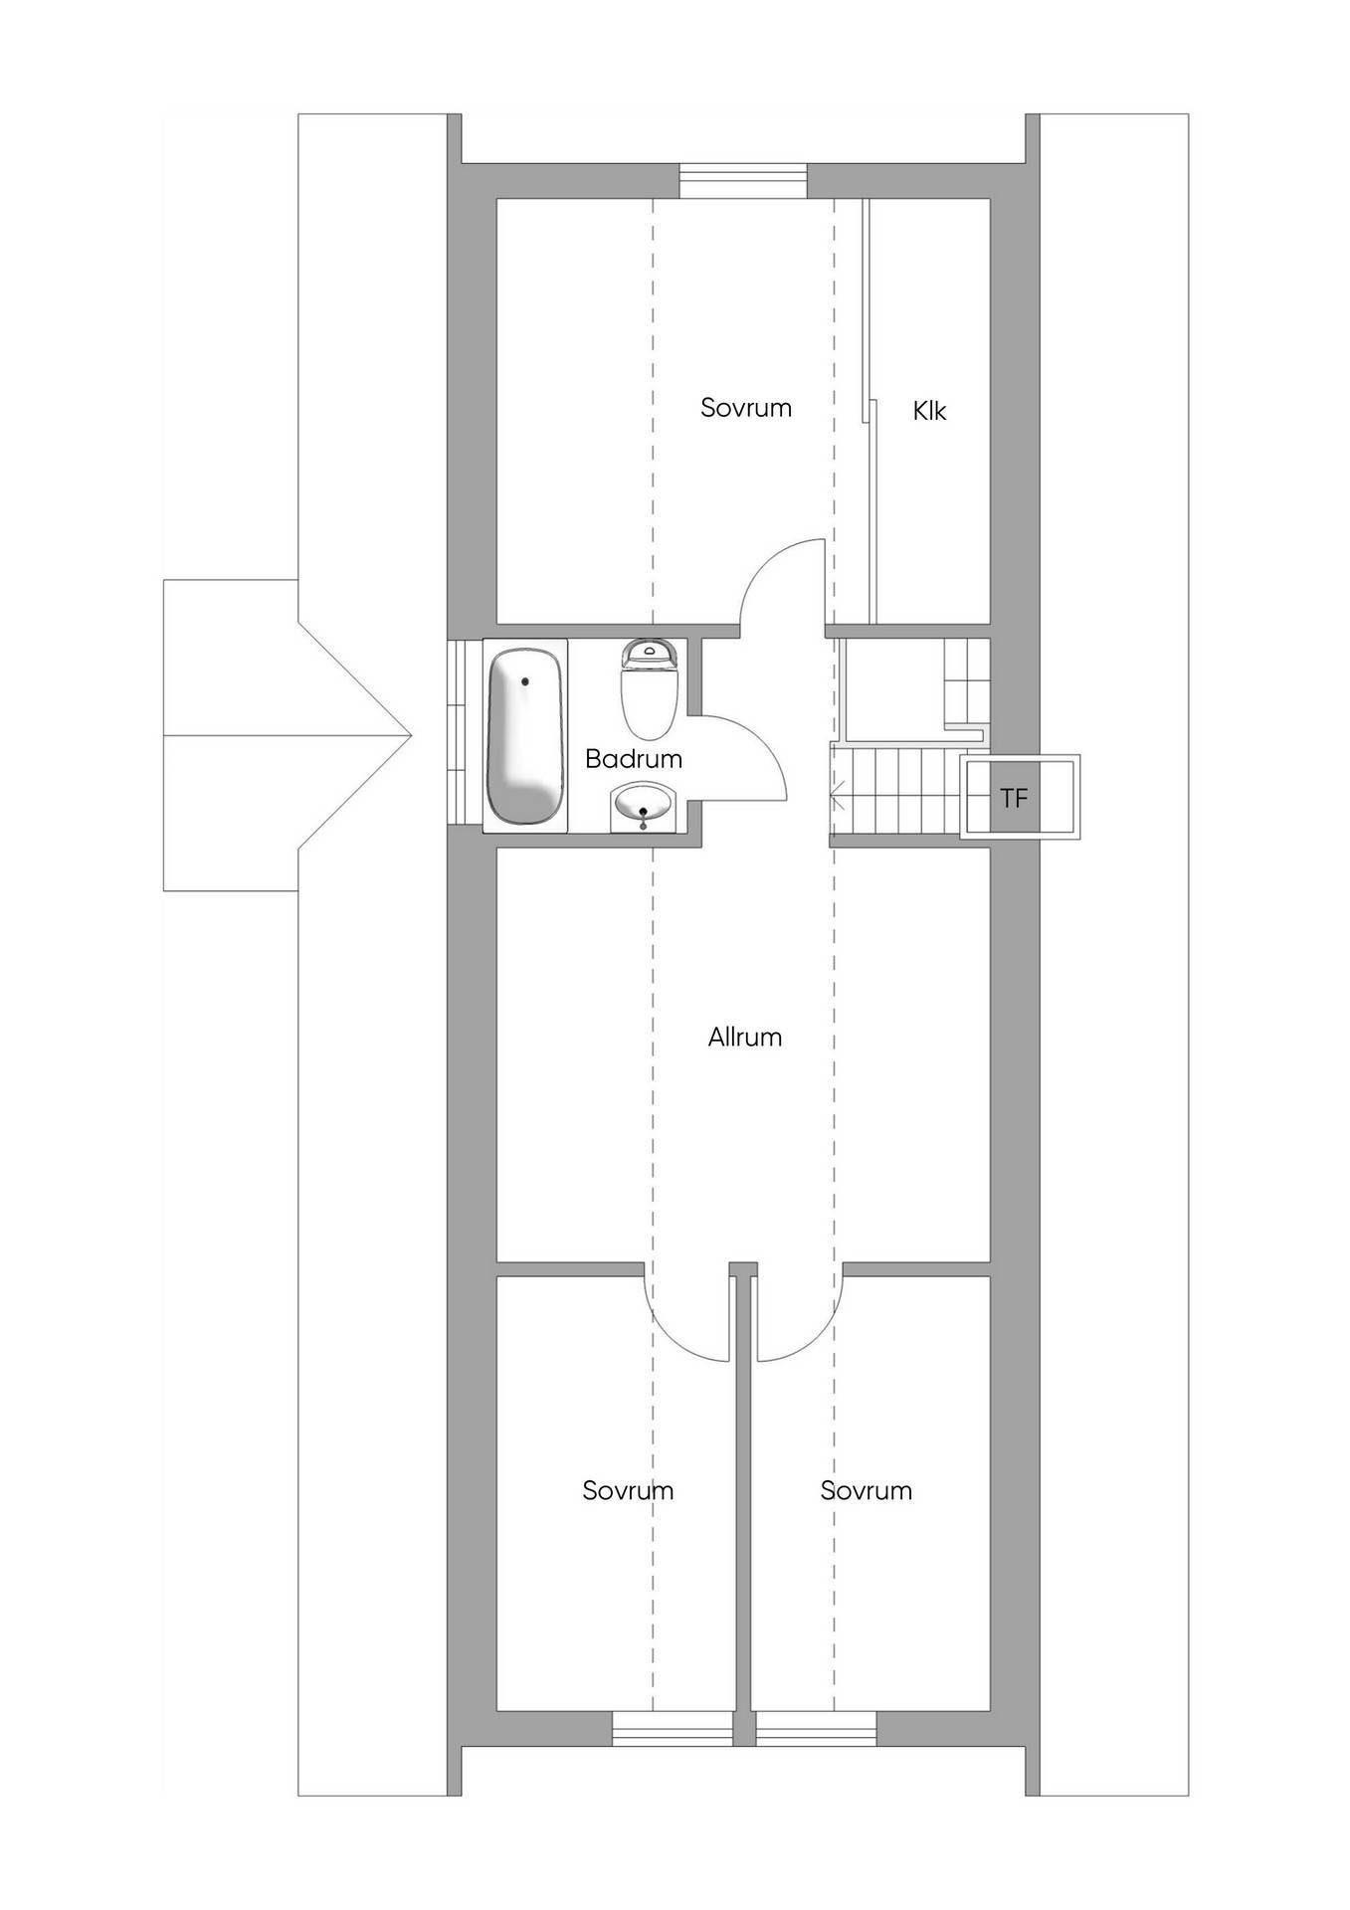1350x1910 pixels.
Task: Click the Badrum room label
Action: (x=634, y=759)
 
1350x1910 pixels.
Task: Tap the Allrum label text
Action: (x=745, y=1037)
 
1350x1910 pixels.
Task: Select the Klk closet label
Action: (x=929, y=410)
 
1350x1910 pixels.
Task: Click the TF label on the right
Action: (x=1014, y=798)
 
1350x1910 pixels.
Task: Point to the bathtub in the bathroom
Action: (x=524, y=736)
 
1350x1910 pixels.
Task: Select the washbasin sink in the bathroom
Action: (x=645, y=805)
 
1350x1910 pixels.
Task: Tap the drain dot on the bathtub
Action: (x=525, y=681)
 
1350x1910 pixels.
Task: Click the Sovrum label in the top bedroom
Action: (x=746, y=407)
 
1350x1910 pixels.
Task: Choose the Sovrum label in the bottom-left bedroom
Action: (x=628, y=1490)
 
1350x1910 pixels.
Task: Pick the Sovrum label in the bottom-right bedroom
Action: (x=866, y=1490)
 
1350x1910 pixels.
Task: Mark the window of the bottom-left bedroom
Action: (x=672, y=1729)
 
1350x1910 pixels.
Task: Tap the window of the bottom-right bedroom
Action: (x=816, y=1729)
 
